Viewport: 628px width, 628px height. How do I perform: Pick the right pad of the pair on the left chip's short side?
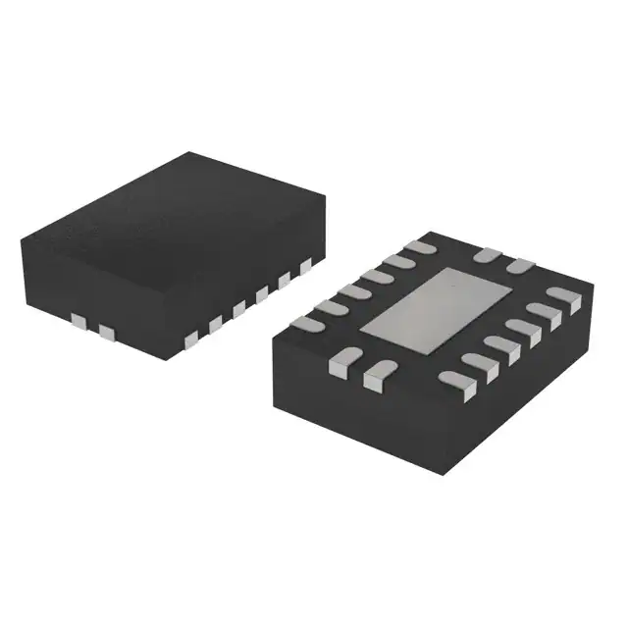point(105,335)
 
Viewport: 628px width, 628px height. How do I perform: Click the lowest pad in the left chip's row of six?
point(191,339)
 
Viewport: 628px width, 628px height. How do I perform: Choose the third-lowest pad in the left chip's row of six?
point(238,308)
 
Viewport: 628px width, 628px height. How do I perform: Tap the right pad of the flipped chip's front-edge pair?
point(375,373)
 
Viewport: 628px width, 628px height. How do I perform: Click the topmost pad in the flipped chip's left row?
point(420,248)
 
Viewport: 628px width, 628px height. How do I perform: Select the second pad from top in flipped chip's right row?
point(543,312)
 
